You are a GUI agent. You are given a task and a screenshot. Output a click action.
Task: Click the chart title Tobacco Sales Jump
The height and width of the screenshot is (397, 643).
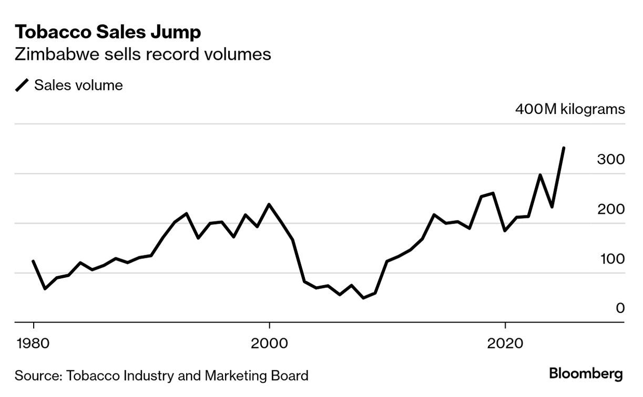[x=108, y=32]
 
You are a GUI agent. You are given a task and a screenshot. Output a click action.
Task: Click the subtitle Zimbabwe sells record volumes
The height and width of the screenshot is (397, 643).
[x=142, y=54]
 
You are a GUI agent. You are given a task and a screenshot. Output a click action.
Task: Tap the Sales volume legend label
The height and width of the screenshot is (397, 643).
[x=78, y=85]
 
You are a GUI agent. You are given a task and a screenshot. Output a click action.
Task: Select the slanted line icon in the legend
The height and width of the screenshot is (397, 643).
[x=22, y=85]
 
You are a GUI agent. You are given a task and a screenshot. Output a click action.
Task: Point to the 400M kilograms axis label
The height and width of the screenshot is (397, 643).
[x=570, y=109]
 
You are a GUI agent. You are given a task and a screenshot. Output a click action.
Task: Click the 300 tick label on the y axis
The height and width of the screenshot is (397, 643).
[x=611, y=159]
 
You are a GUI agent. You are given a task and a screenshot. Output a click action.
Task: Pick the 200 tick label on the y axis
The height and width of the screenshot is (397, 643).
[x=611, y=209]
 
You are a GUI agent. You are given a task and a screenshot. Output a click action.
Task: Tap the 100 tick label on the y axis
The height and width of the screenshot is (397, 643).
[x=613, y=259]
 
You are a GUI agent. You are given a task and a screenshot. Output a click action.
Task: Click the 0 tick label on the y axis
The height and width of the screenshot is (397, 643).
[x=620, y=308]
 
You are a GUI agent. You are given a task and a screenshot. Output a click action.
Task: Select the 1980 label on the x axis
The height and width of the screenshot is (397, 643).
[x=33, y=343]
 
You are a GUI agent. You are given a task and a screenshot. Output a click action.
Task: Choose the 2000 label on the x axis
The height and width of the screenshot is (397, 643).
[x=269, y=343]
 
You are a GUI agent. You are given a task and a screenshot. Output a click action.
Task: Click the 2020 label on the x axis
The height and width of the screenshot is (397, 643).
[x=505, y=343]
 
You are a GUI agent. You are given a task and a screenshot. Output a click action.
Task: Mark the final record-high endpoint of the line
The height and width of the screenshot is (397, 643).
[x=564, y=148]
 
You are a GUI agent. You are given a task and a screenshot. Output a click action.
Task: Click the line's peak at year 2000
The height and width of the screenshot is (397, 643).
[x=269, y=204]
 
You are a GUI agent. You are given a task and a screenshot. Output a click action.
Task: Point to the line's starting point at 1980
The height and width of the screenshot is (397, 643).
[x=33, y=261]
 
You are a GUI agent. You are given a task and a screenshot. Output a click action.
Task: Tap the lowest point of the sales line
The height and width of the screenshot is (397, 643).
[x=364, y=298]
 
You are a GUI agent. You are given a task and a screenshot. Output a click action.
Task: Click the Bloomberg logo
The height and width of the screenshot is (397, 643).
[x=586, y=374]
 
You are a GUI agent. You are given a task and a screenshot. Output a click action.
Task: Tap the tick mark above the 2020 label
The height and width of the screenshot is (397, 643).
[x=505, y=326]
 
